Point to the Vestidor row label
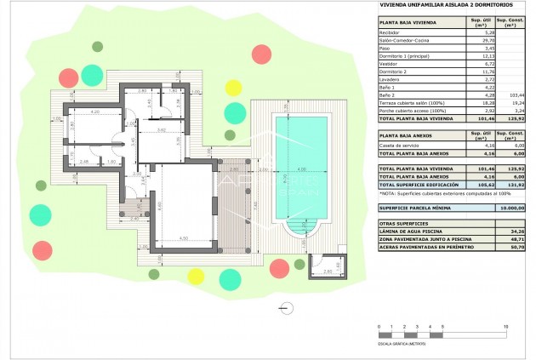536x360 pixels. point(391,62)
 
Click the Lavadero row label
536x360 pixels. point(391,77)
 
